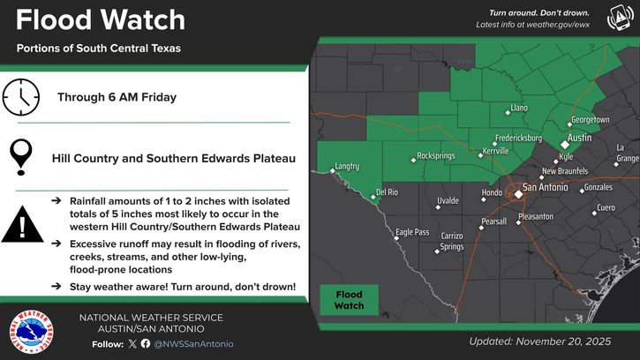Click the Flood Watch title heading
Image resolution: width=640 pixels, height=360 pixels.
[x=101, y=19]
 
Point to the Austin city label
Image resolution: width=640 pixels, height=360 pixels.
[x=579, y=139]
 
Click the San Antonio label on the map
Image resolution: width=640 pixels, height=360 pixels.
[x=548, y=187]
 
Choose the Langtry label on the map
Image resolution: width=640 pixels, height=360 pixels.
[x=347, y=166]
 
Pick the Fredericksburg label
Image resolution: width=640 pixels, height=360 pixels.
[x=517, y=139]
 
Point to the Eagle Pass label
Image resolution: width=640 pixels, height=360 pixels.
[x=411, y=232]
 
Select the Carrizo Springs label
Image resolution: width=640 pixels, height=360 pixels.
[x=452, y=241]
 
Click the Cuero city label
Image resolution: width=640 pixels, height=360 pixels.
[x=606, y=207]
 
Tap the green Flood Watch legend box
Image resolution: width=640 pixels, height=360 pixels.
[x=348, y=298]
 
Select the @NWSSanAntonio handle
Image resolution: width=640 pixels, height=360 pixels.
[x=194, y=343]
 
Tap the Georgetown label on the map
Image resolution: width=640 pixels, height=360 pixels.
[x=591, y=119]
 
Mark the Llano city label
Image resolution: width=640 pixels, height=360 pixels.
[x=520, y=109]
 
